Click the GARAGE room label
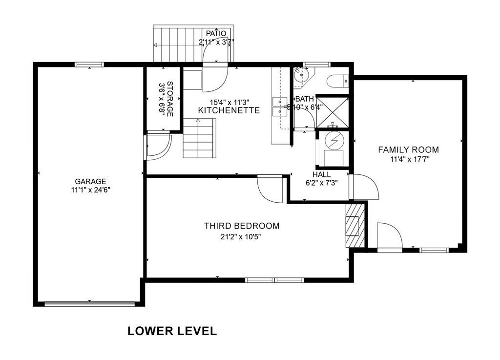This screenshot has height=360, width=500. click(x=90, y=182)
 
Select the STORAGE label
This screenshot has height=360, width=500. click(x=170, y=99)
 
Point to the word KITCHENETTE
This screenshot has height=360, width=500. click(x=229, y=110)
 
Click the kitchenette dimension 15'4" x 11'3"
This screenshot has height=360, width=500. click(x=229, y=103)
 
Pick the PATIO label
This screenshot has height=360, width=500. click(x=216, y=34)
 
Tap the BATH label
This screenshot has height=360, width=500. click(x=305, y=99)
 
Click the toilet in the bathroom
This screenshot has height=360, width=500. click(x=338, y=81)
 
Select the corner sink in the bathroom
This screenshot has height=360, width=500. click(x=302, y=76)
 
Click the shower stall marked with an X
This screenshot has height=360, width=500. click(x=332, y=112)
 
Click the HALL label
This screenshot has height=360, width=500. click(x=321, y=175)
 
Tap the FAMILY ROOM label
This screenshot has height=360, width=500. click(x=409, y=149)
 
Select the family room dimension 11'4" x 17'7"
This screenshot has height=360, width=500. click(x=410, y=159)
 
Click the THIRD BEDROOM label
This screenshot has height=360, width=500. click(x=242, y=226)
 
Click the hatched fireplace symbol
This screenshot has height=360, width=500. click(x=355, y=226)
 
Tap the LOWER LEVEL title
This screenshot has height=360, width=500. click(x=172, y=331)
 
